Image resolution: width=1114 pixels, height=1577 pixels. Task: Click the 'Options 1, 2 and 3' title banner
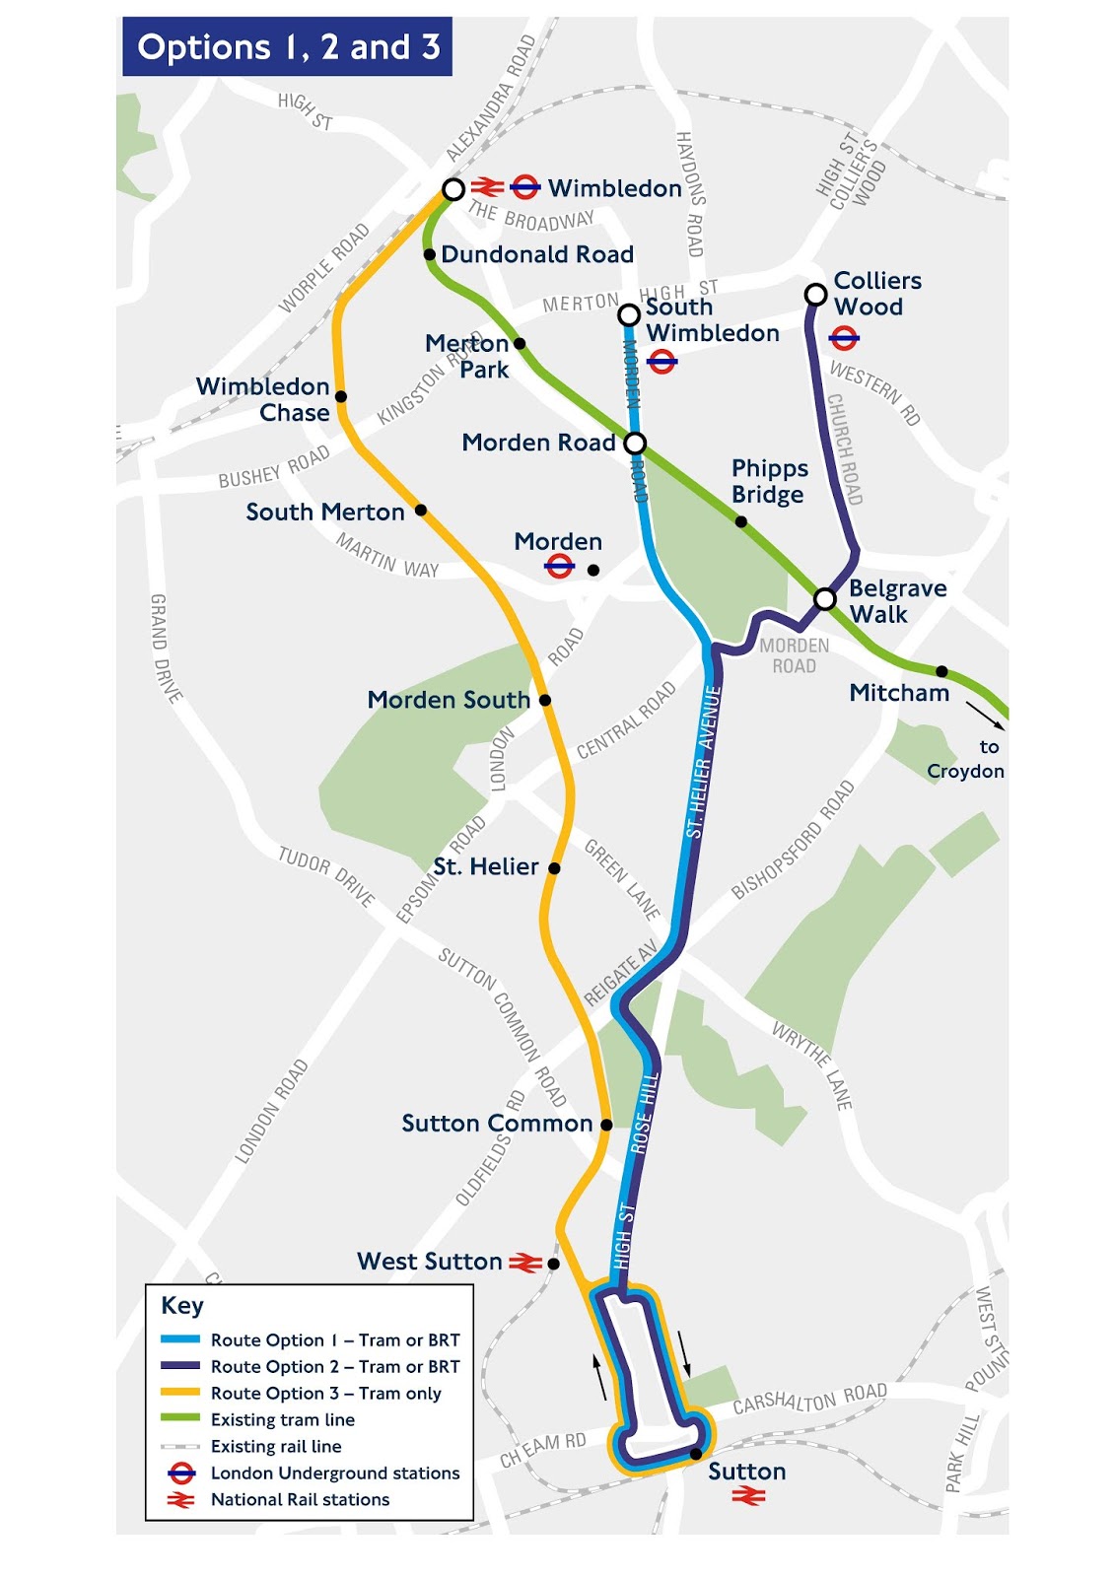coord(287,46)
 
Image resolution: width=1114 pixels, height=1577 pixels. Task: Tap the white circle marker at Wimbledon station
coord(453,189)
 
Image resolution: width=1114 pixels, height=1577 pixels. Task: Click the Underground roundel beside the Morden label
coord(559,567)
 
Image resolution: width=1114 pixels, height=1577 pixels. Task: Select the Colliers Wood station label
coord(876,294)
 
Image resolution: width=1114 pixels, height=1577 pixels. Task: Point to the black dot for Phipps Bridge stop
coord(741,521)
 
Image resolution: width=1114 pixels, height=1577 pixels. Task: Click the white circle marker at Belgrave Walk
coord(825,598)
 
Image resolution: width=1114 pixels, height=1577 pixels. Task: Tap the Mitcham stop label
coord(899,693)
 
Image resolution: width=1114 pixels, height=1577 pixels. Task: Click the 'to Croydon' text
coord(966,760)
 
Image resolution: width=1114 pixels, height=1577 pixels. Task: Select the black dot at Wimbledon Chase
coord(341,396)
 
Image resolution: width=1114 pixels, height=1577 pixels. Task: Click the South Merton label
coord(325,513)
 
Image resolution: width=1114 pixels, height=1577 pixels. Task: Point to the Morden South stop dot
coord(545,700)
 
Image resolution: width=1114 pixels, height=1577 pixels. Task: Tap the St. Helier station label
coord(486,867)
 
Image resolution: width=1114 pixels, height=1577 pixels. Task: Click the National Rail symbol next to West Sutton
coord(524,1263)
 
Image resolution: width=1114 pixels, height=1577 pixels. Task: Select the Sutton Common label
coord(497,1124)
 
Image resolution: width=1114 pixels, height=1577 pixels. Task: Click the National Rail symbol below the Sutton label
coord(748,1497)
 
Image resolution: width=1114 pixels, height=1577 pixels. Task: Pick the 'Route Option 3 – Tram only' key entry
coord(325,1394)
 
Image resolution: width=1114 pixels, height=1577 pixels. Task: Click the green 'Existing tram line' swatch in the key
coord(180,1419)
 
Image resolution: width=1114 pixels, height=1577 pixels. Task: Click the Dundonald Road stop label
coord(536,254)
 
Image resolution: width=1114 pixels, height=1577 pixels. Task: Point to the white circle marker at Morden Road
coord(635,443)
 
